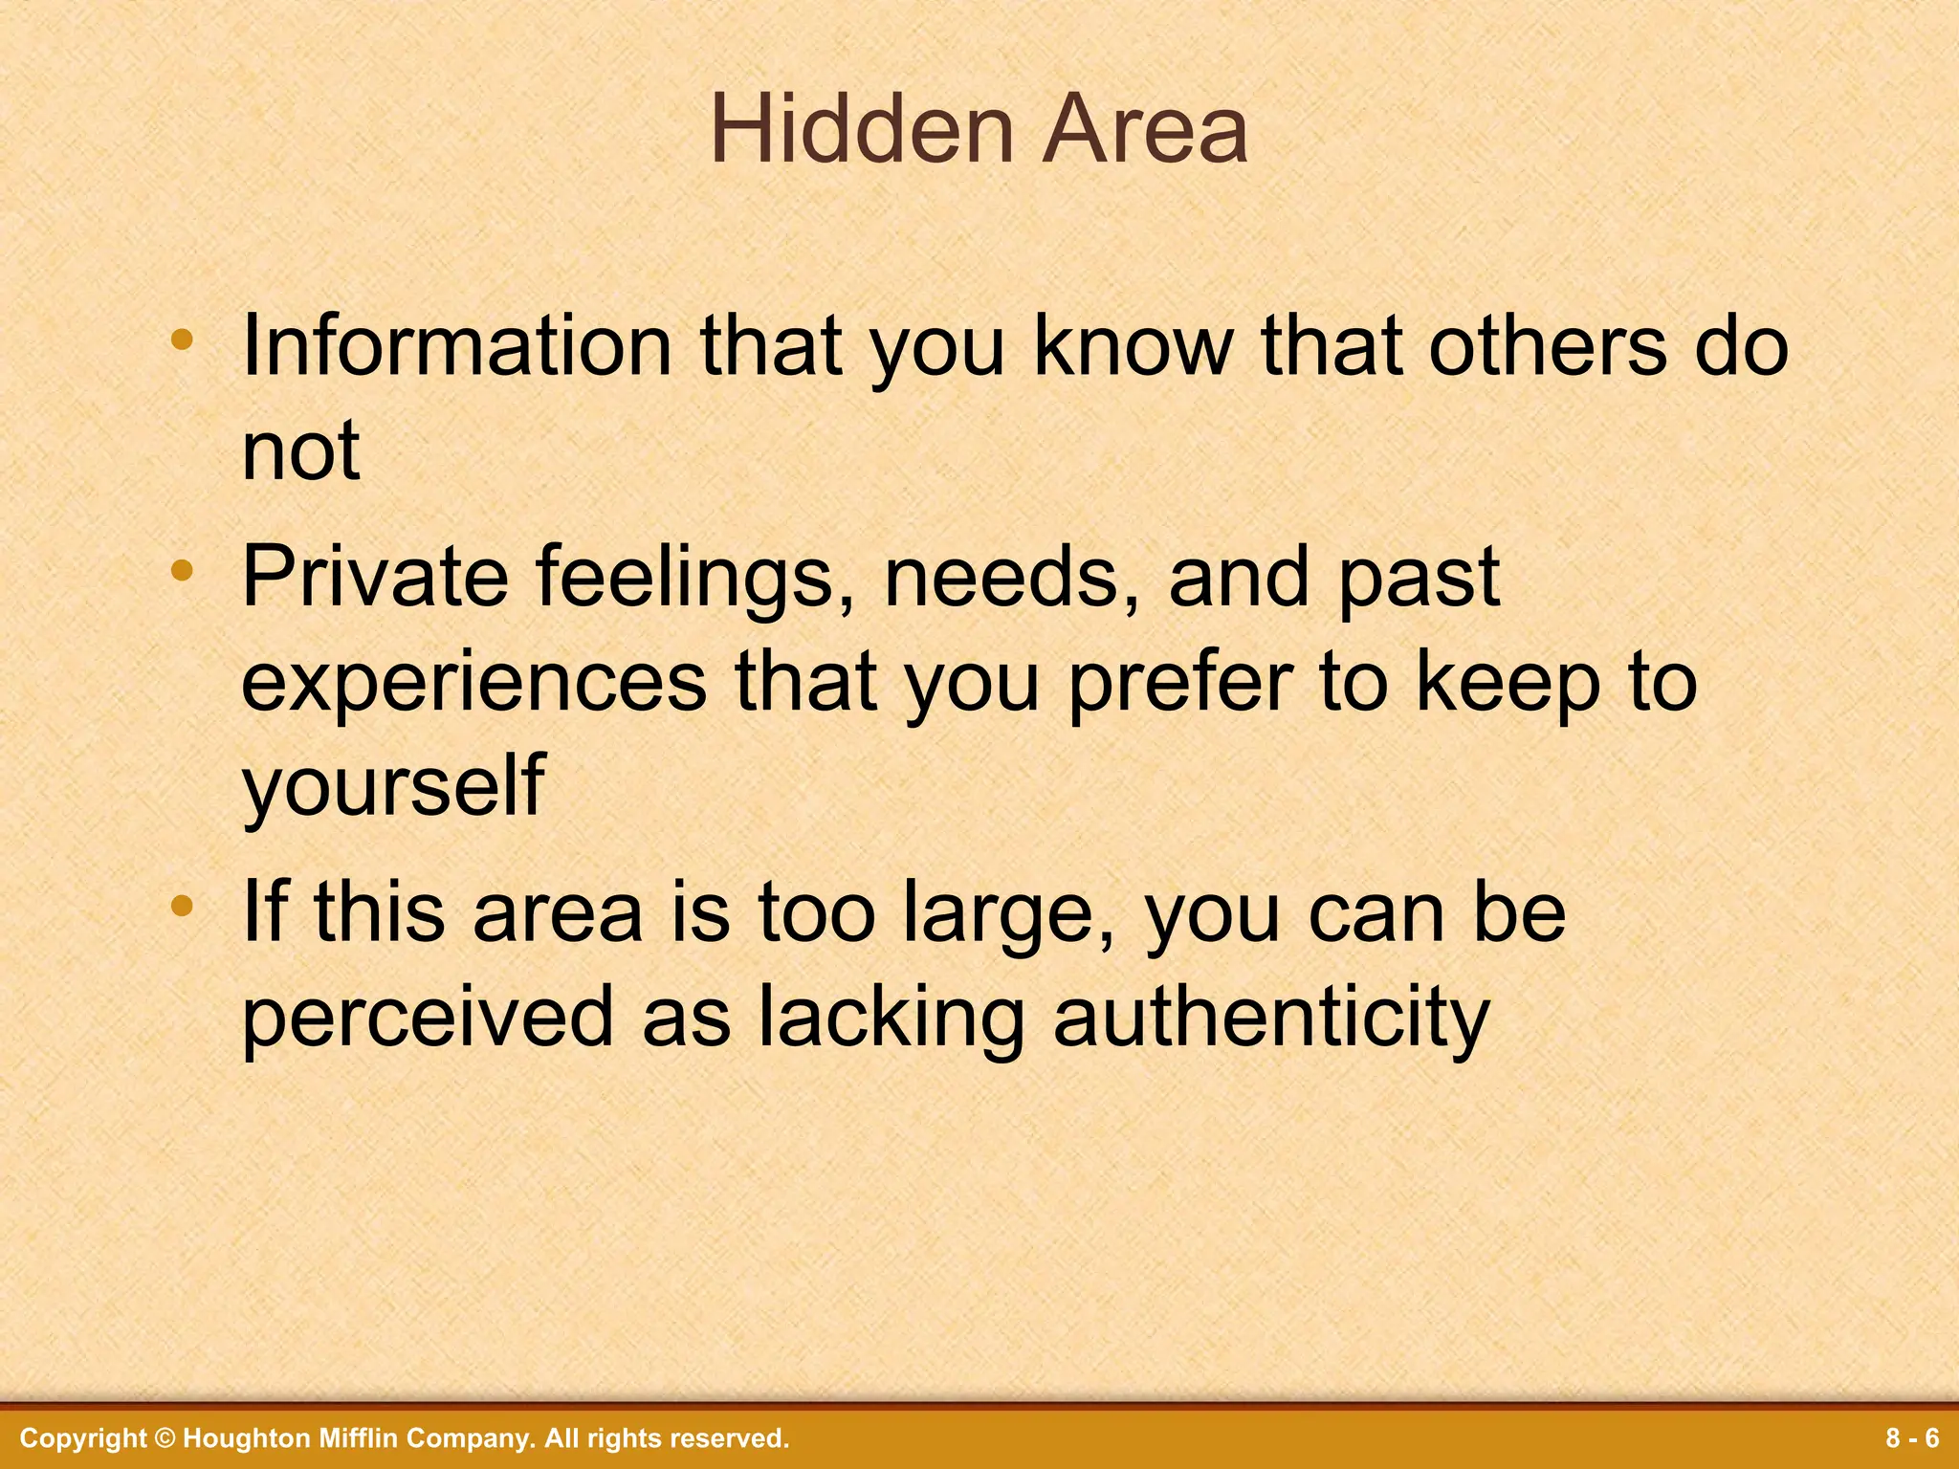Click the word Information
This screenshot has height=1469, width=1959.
point(458,346)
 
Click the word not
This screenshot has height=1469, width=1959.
point(300,451)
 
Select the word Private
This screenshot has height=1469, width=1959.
point(375,579)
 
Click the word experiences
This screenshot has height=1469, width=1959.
point(473,684)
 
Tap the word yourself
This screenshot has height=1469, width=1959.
point(393,786)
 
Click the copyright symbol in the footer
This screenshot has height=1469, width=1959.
point(165,1438)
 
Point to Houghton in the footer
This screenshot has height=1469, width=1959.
point(250,1438)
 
